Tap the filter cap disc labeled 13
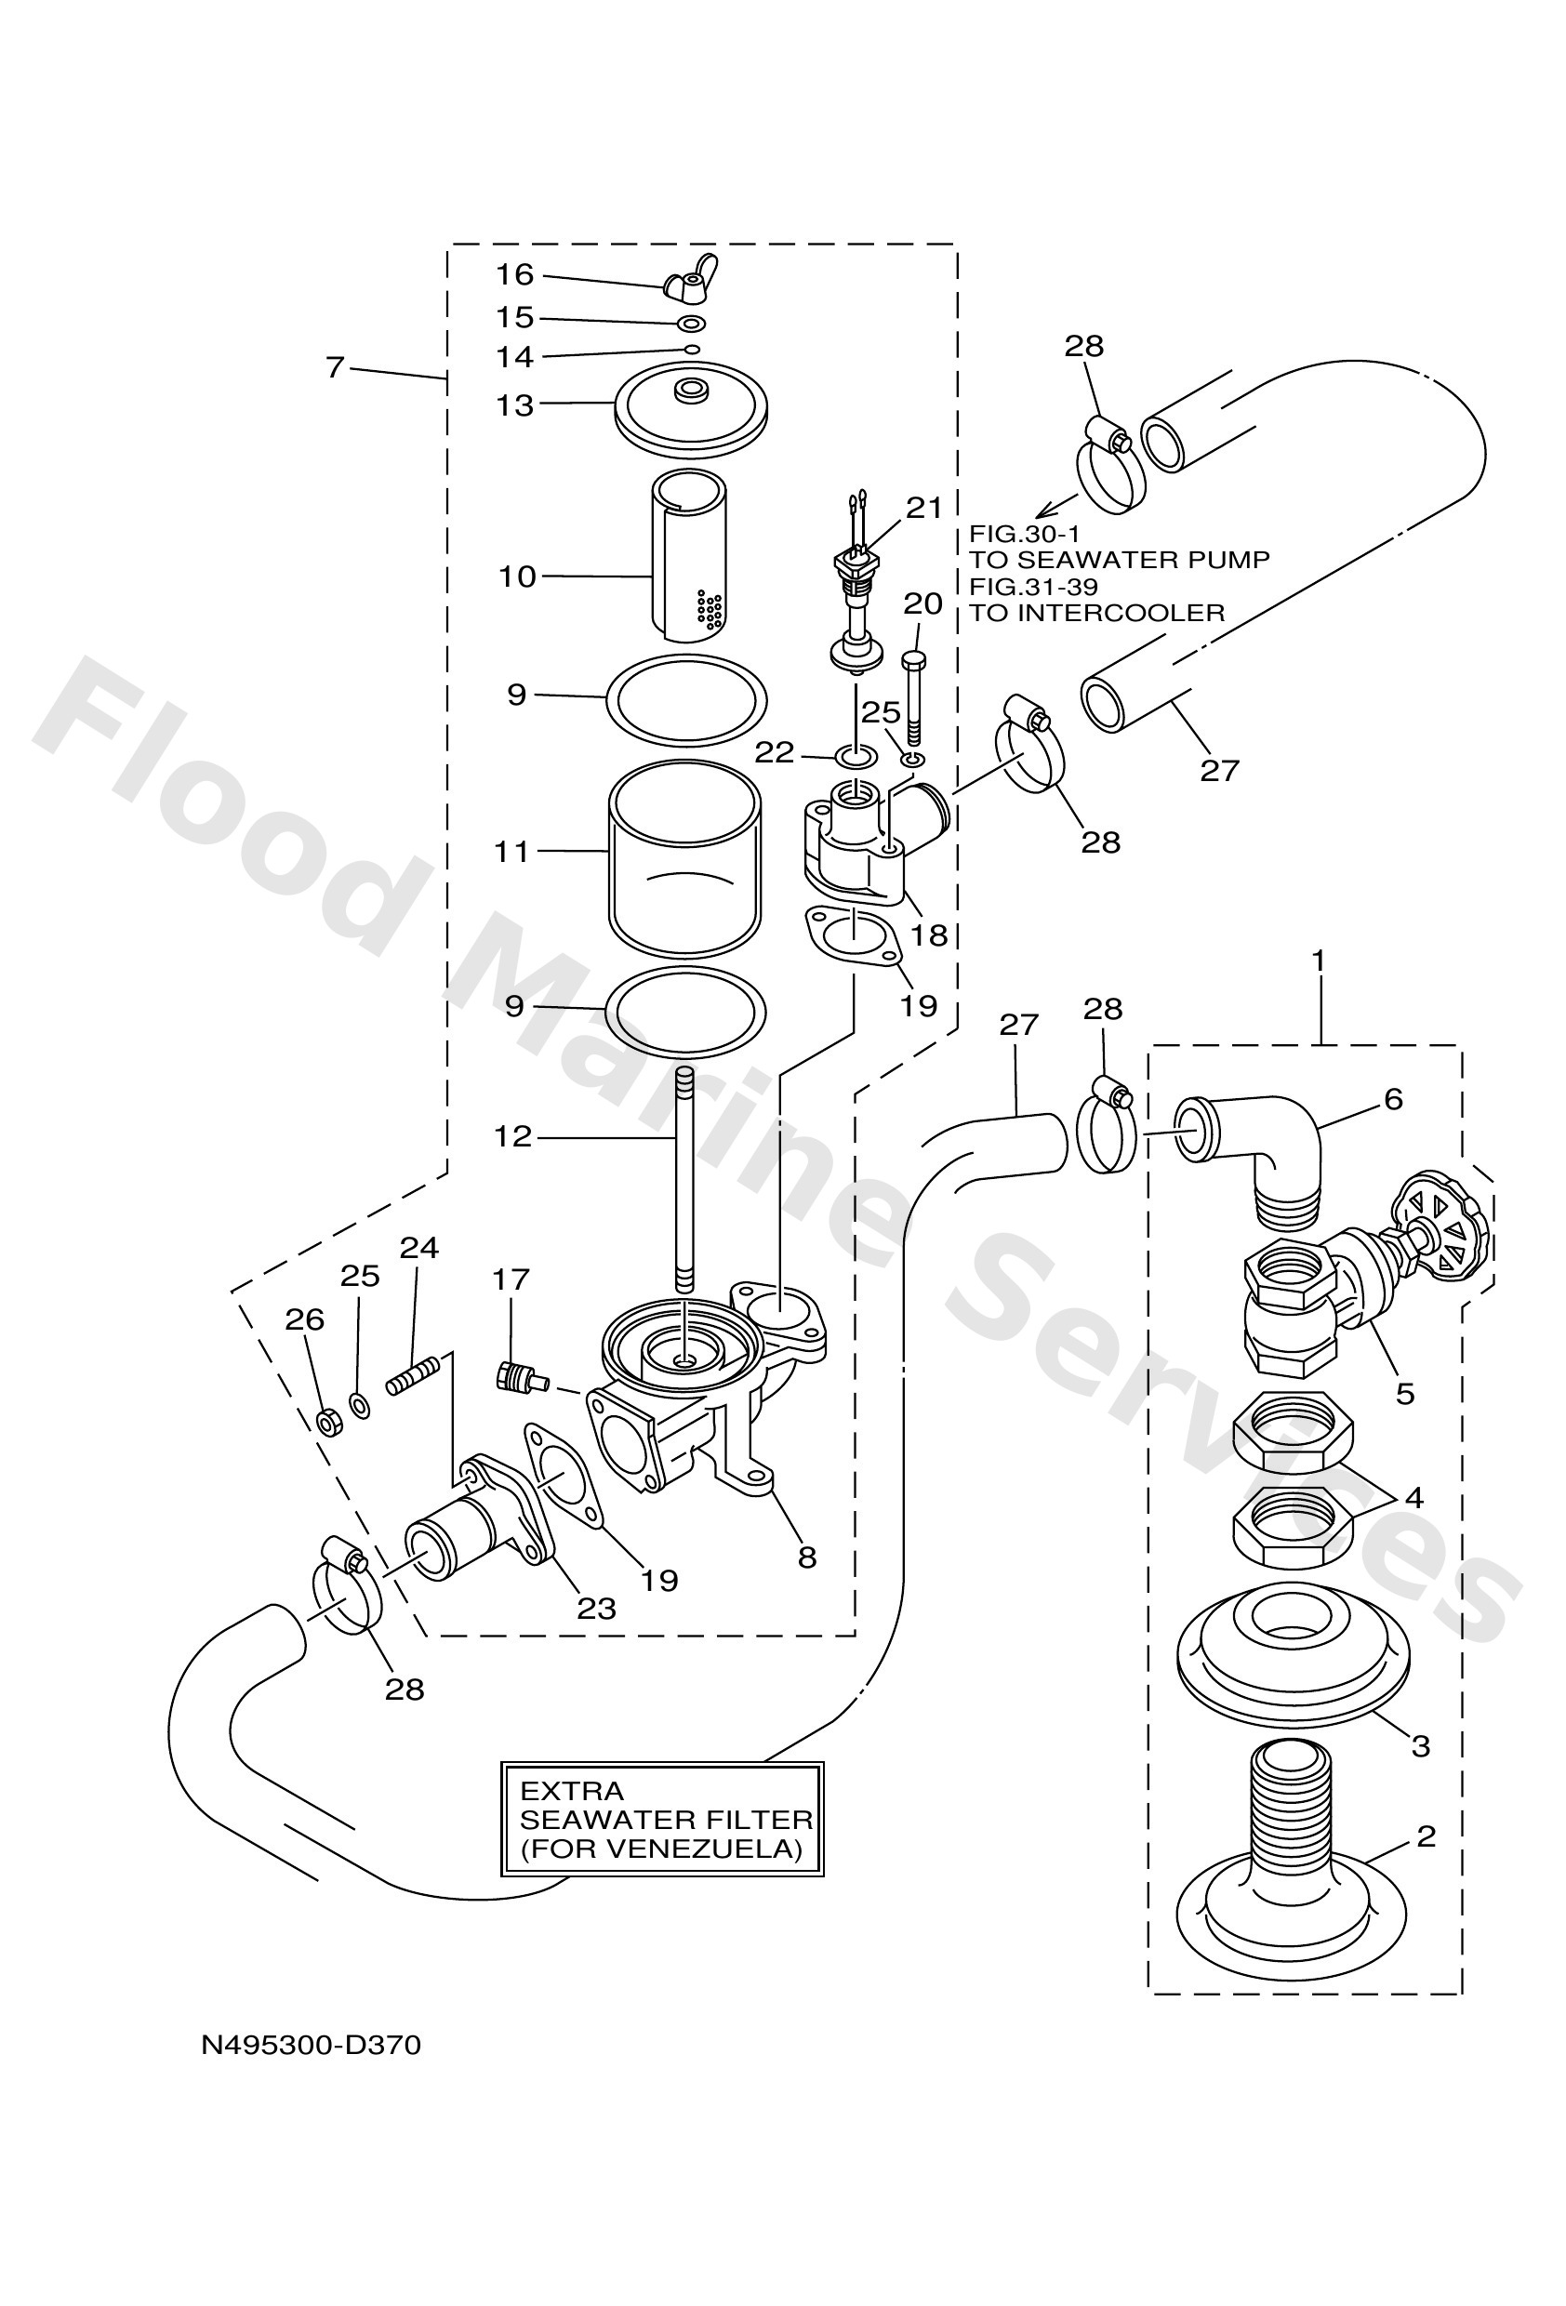[x=692, y=409]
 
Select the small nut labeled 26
[x=328, y=1421]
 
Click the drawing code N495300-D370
[x=311, y=2045]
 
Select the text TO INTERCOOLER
[x=1096, y=612]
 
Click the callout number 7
[x=335, y=367]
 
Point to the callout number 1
[x=1318, y=960]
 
